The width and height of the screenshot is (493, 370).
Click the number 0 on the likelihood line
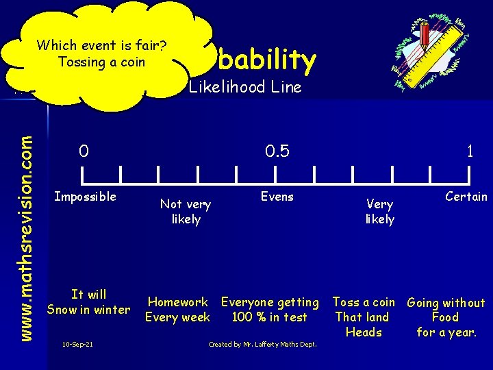pyautogui.click(x=83, y=150)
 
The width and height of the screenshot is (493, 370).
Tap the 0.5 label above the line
pyautogui.click(x=277, y=150)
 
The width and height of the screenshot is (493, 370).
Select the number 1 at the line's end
pyautogui.click(x=470, y=151)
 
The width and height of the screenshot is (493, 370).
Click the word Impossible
pyautogui.click(x=86, y=197)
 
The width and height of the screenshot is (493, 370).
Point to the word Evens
pyautogui.click(x=277, y=197)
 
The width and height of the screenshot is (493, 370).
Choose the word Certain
pyautogui.click(x=466, y=197)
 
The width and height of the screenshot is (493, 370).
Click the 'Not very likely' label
pyautogui.click(x=186, y=211)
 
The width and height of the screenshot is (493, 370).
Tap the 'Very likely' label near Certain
pyautogui.click(x=379, y=211)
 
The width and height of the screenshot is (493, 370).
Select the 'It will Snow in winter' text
pyautogui.click(x=88, y=302)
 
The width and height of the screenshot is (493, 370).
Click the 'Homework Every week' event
pyautogui.click(x=178, y=310)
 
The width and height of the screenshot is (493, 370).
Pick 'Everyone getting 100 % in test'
pyautogui.click(x=270, y=310)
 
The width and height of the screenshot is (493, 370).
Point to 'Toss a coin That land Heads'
pyautogui.click(x=364, y=317)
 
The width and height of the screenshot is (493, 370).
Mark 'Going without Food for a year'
pyautogui.click(x=446, y=317)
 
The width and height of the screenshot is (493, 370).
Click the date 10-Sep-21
pyautogui.click(x=77, y=344)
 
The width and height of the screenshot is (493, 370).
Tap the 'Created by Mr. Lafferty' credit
pyautogui.click(x=262, y=344)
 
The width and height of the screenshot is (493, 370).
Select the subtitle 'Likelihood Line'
pyautogui.click(x=245, y=87)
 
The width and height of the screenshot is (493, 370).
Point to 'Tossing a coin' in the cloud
pyautogui.click(x=102, y=62)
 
